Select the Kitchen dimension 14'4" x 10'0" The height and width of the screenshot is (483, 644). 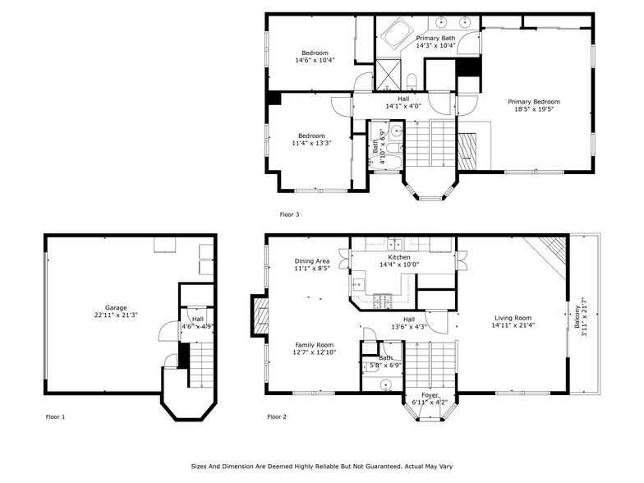coord(398,264)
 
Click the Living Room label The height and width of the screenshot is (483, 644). coord(513,318)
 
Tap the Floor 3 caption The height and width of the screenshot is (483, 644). coord(289,214)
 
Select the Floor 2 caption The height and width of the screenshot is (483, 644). coord(277,416)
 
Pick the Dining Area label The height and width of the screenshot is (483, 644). coord(312,260)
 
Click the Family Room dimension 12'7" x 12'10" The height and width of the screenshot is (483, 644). coord(314,352)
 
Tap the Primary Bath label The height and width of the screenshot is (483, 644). coord(435,38)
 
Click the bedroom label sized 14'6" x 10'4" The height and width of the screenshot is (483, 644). coord(314,53)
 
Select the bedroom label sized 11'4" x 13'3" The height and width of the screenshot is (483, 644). coord(311,136)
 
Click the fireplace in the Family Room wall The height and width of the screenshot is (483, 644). coord(260,313)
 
